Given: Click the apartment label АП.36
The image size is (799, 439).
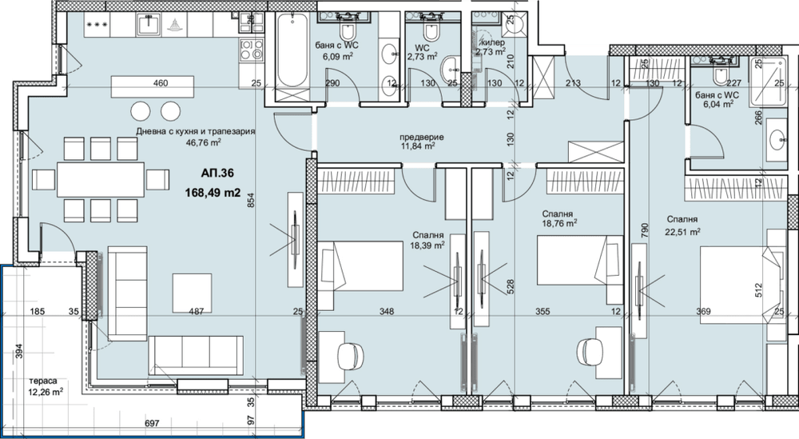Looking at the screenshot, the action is click(x=217, y=174).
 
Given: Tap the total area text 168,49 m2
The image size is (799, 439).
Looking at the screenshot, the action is click(x=213, y=194).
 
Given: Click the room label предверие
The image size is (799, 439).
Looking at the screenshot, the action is click(x=421, y=138).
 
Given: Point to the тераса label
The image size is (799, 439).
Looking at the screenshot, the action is click(x=43, y=381).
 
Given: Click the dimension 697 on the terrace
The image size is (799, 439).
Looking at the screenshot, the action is click(x=152, y=423).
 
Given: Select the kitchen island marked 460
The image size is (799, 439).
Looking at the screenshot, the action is click(x=153, y=86).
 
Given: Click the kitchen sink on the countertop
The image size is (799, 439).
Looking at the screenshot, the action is click(x=149, y=24).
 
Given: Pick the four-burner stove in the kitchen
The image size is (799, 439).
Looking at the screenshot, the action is click(x=251, y=50).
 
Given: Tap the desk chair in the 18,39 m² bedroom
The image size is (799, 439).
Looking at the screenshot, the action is click(x=351, y=355).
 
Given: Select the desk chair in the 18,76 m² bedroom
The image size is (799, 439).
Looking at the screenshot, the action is click(x=590, y=351).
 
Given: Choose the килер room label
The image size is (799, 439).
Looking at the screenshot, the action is click(x=493, y=43).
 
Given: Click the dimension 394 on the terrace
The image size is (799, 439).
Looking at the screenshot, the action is click(x=19, y=351).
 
